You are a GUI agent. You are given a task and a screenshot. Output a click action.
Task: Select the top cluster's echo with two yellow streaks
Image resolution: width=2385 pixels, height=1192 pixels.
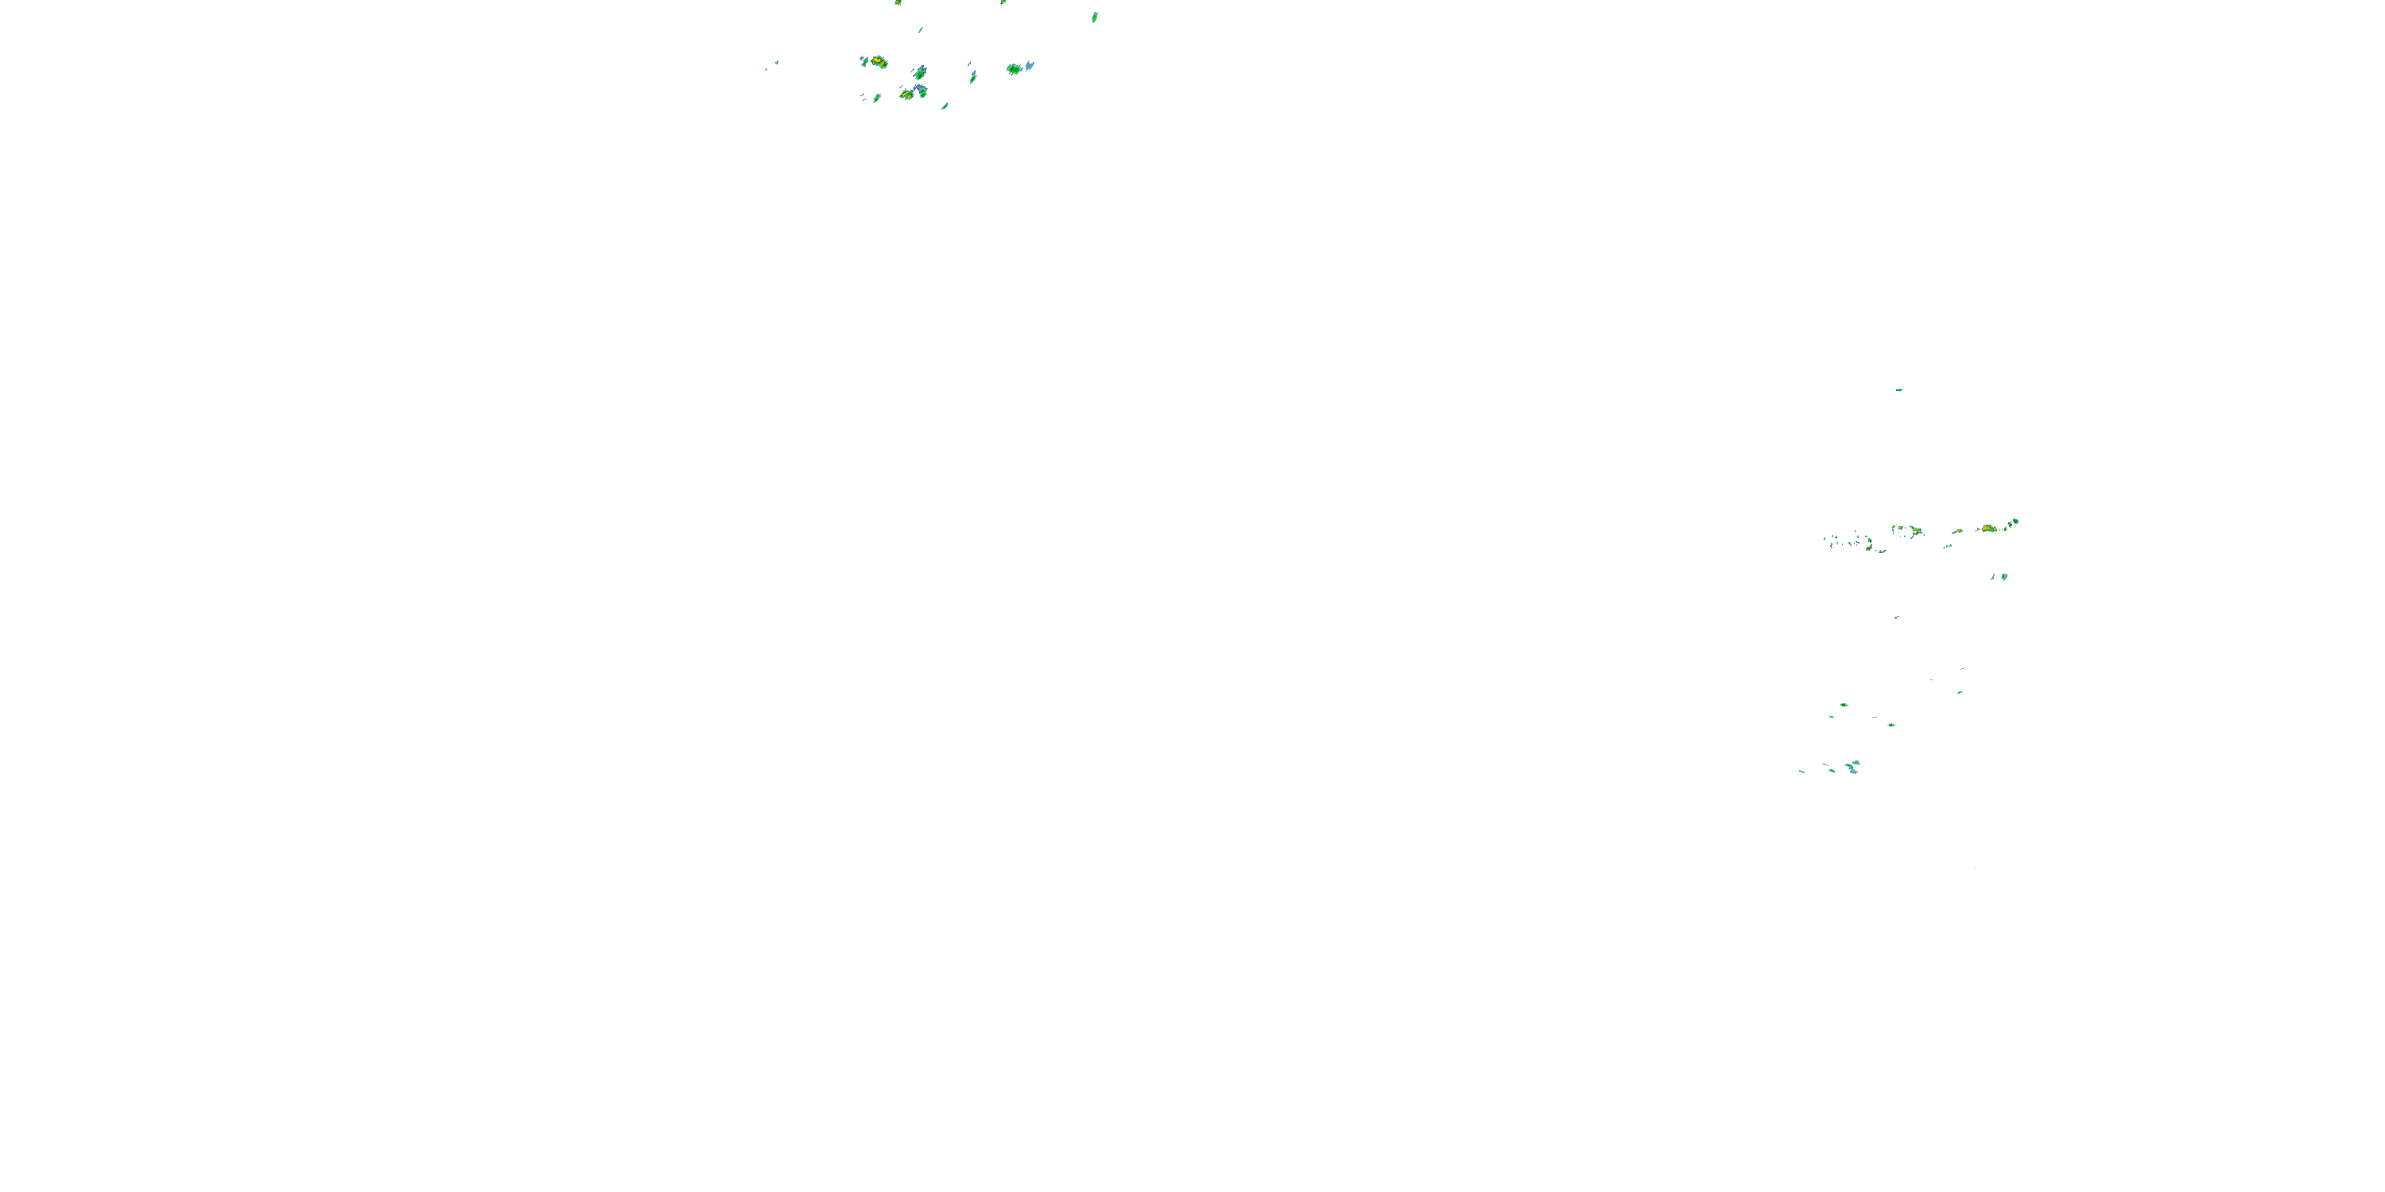pyautogui.click(x=907, y=94)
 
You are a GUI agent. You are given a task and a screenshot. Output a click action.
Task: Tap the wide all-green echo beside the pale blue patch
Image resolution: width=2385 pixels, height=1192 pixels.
pyautogui.click(x=1014, y=68)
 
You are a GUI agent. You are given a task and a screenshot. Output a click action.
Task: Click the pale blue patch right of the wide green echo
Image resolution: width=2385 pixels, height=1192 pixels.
pyautogui.click(x=1030, y=66)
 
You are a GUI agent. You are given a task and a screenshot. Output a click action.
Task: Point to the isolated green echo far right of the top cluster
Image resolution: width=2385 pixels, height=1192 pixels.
pyautogui.click(x=1095, y=17)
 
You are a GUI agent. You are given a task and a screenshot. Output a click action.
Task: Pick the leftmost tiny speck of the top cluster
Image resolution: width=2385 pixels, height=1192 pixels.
pyautogui.click(x=766, y=69)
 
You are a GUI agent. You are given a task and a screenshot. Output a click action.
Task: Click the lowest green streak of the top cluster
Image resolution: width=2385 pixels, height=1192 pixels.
pyautogui.click(x=944, y=106)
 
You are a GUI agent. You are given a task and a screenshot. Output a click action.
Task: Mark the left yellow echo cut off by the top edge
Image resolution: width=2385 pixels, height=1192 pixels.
pyautogui.click(x=897, y=2)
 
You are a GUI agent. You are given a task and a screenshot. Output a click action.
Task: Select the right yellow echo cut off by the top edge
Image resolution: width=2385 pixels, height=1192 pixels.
pyautogui.click(x=1002, y=2)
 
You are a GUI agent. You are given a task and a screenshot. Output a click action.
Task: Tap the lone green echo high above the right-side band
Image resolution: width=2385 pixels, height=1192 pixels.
pyautogui.click(x=1899, y=389)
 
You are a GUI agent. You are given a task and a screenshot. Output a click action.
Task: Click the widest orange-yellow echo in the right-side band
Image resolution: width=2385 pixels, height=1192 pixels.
pyautogui.click(x=1987, y=528)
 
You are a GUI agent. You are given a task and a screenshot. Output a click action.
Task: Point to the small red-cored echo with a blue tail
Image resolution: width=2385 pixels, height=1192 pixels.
pyautogui.click(x=1957, y=531)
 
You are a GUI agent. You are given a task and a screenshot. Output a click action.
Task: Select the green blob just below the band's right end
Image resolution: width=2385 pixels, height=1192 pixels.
pyautogui.click(x=2004, y=577)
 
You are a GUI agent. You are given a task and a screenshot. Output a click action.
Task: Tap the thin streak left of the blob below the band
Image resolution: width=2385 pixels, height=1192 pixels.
pyautogui.click(x=1992, y=577)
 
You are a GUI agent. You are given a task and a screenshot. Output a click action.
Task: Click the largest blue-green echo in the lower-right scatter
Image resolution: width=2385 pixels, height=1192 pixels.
pyautogui.click(x=1852, y=767)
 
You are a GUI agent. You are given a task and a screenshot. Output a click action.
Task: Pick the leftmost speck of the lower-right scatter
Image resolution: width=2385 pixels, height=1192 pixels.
pyautogui.click(x=1801, y=771)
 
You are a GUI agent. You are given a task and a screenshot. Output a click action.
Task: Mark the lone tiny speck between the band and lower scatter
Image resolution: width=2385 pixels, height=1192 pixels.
pyautogui.click(x=1896, y=617)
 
